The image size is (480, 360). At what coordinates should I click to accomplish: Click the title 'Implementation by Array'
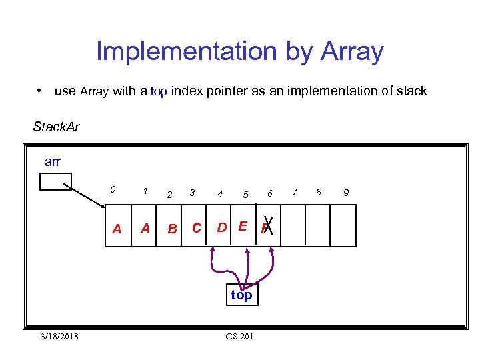tap(240, 51)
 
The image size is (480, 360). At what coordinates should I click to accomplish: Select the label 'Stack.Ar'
tap(57, 127)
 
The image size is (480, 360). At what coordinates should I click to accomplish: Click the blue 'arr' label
tap(53, 161)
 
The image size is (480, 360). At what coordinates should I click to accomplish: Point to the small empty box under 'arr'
tap(55, 182)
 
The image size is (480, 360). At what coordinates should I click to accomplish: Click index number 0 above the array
tap(113, 189)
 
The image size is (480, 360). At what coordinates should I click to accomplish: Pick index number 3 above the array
tap(192, 192)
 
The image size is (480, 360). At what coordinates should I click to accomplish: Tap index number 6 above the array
tap(270, 193)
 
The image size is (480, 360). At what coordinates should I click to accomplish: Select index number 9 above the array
tap(345, 193)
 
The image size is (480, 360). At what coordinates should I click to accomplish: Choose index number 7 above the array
tap(295, 192)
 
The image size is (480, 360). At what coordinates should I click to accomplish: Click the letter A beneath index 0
tap(117, 229)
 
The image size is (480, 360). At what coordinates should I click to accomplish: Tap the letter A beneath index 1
tap(145, 229)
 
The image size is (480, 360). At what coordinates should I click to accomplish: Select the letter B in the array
tap(172, 229)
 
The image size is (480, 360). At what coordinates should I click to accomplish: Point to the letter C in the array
tap(197, 228)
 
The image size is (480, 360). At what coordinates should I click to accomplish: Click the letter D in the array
tap(221, 227)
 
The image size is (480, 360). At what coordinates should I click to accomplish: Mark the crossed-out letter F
tap(267, 229)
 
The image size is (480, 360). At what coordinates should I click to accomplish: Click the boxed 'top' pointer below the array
tap(241, 295)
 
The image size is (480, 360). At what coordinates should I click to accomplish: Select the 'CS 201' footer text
tap(239, 337)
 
